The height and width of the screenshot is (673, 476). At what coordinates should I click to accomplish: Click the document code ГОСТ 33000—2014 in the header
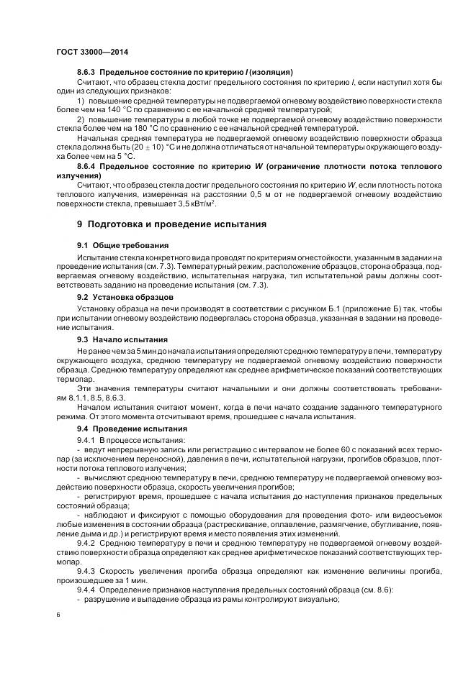click(x=88, y=52)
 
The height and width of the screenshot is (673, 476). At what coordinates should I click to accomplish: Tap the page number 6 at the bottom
click(x=58, y=615)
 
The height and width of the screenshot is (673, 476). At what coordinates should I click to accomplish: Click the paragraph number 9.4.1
click(x=88, y=439)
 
